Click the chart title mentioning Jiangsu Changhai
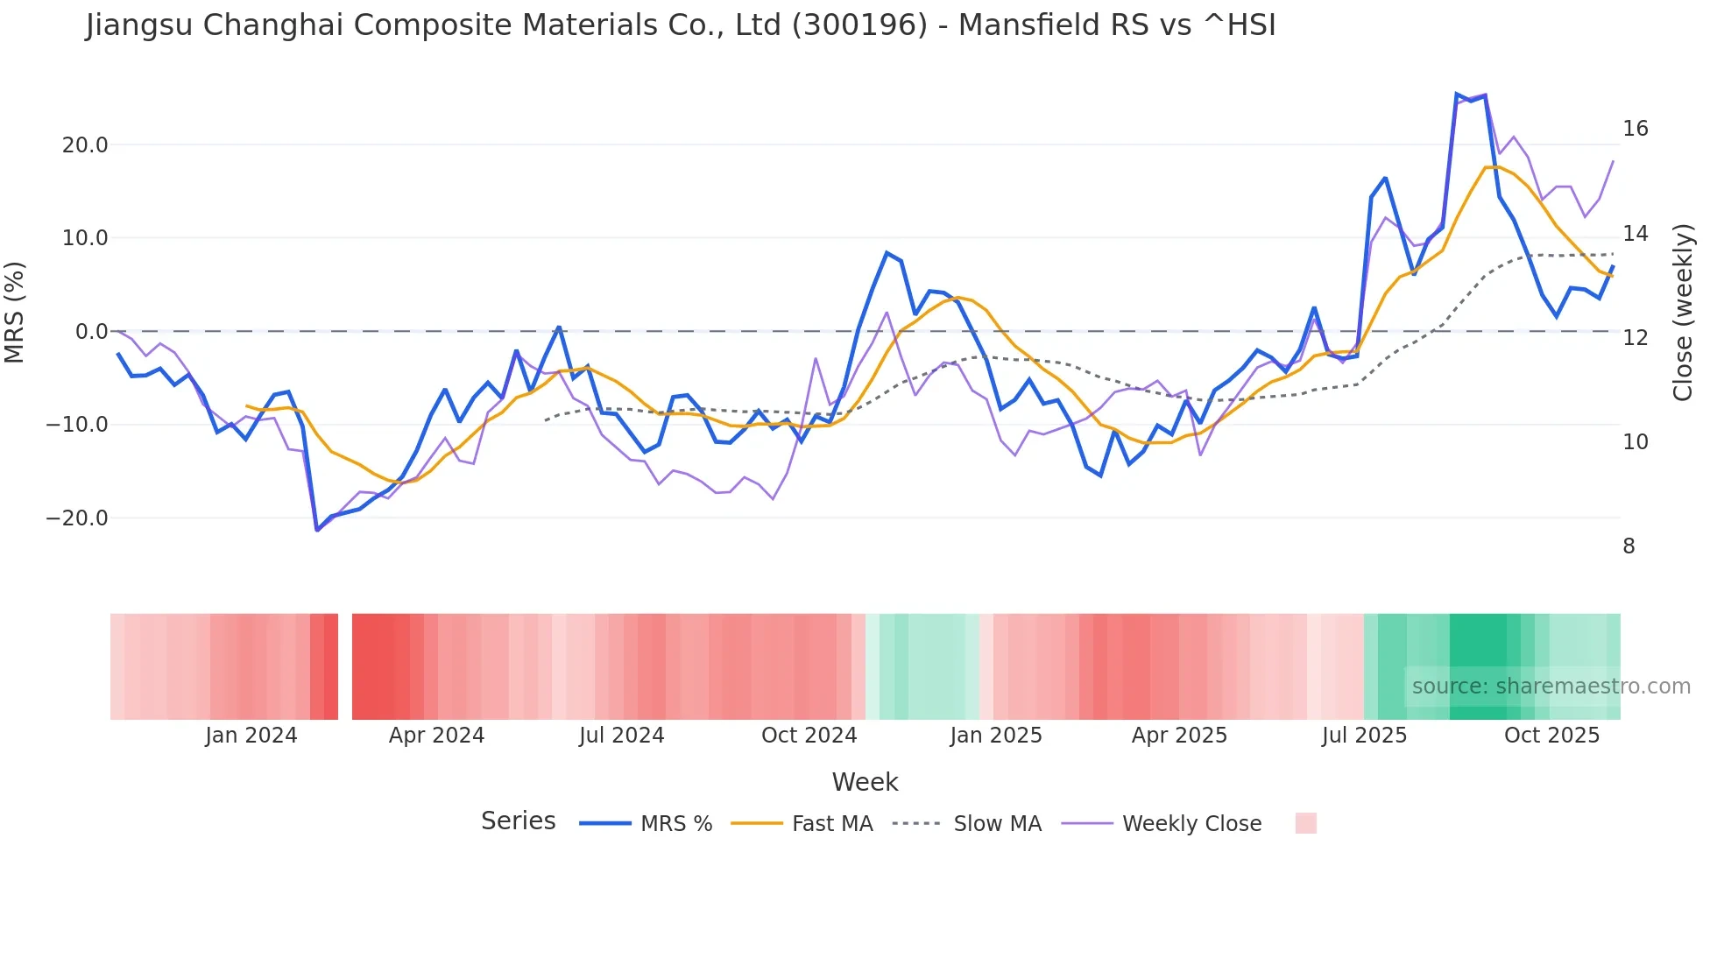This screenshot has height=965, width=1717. (x=680, y=25)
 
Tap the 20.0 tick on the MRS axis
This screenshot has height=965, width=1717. (x=85, y=145)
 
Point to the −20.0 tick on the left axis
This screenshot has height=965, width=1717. (x=77, y=518)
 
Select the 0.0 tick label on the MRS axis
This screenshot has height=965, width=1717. (x=91, y=332)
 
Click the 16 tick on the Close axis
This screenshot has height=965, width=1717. (x=1635, y=129)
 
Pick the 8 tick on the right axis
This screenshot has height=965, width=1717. (x=1629, y=546)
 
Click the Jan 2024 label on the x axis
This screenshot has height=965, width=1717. (x=251, y=736)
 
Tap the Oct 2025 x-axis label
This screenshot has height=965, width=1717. (x=1551, y=736)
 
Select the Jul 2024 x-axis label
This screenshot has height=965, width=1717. (x=621, y=736)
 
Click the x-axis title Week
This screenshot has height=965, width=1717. (x=865, y=782)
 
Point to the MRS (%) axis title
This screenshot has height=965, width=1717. (x=15, y=313)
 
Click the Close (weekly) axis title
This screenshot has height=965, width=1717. (x=1683, y=313)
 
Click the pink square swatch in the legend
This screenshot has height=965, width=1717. (x=1305, y=823)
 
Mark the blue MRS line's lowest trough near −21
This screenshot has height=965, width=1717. (x=317, y=530)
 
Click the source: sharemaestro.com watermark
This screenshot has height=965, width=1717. (x=1551, y=687)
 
